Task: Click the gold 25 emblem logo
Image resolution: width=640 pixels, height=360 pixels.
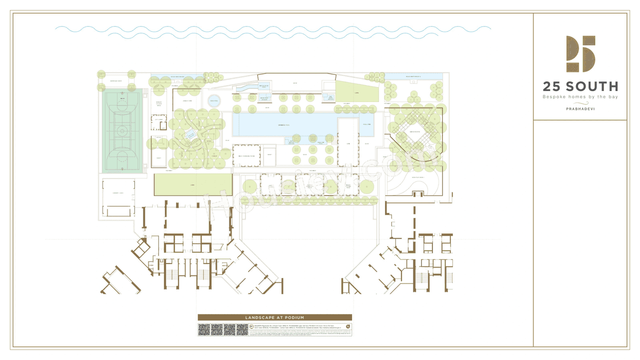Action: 580,54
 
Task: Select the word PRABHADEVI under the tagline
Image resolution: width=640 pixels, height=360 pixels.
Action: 580,108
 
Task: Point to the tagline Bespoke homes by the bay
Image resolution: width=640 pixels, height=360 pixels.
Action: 580,96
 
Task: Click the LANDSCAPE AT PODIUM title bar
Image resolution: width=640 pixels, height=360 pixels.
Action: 274,317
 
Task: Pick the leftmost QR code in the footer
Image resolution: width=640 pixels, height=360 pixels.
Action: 204,329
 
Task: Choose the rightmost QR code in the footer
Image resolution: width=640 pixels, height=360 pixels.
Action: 242,329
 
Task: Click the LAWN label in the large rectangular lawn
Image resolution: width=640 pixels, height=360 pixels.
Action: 192,184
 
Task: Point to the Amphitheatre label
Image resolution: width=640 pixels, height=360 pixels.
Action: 414,132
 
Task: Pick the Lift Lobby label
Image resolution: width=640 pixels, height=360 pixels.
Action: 158,119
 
